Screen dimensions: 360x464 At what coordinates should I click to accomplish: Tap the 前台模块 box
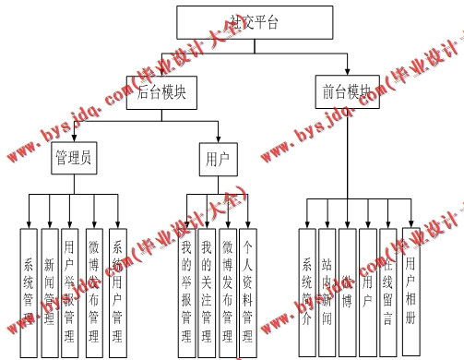point(348,92)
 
